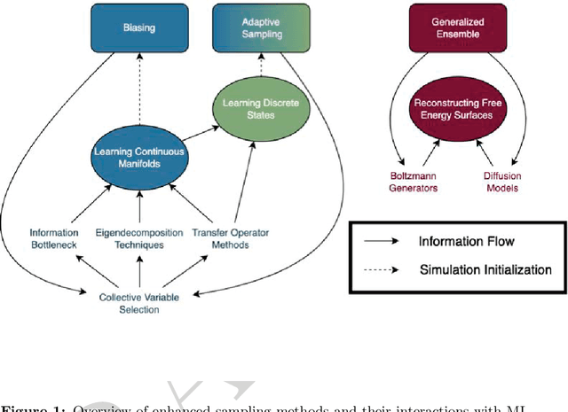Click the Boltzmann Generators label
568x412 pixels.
point(390,182)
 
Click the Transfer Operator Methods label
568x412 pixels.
point(231,238)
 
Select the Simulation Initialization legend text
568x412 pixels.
point(485,270)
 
